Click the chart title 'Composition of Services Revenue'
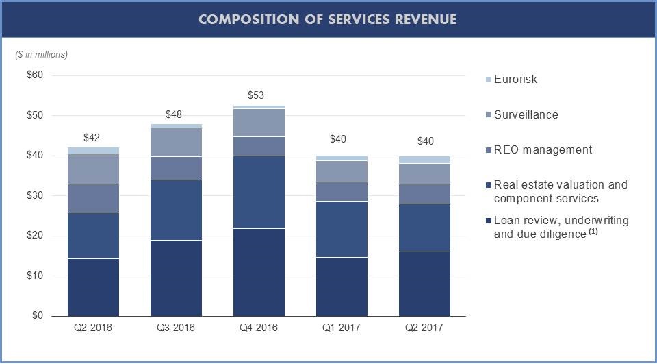(328, 19)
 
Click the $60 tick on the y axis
(34, 75)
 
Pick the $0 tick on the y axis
(39, 316)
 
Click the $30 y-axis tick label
(34, 196)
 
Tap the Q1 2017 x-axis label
(342, 328)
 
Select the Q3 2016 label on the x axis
(176, 328)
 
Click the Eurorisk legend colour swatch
(488, 80)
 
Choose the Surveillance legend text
(526, 114)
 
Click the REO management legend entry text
(543, 149)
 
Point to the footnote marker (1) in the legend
(594, 232)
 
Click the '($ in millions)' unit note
(42, 54)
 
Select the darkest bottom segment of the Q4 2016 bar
(259, 272)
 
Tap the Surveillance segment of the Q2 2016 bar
(93, 169)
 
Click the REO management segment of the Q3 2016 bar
(176, 168)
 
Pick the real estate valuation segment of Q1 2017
(342, 229)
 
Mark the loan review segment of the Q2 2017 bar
(424, 284)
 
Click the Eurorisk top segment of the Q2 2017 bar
(424, 160)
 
